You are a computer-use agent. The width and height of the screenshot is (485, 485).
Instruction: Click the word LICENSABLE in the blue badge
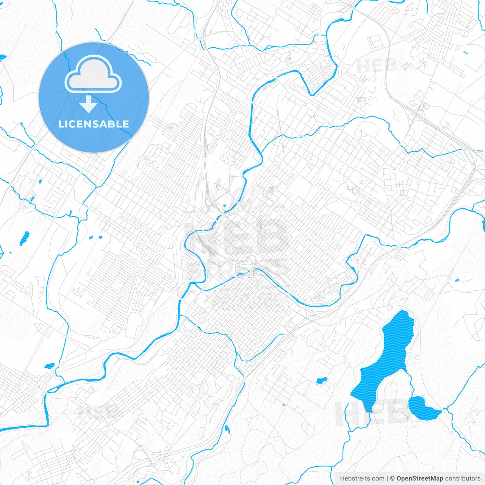click(x=94, y=124)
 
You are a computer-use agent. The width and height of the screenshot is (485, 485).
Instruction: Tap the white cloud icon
click(x=93, y=74)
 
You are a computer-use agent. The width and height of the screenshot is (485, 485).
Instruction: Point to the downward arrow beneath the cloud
click(x=88, y=104)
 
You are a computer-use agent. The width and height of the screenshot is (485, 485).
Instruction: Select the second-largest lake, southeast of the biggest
click(x=422, y=408)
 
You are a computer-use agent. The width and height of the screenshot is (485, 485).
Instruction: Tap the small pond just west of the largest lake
click(x=321, y=380)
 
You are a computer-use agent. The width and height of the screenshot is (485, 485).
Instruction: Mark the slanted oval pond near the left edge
click(x=24, y=238)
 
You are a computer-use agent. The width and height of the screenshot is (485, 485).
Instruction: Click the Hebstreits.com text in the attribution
click(x=362, y=479)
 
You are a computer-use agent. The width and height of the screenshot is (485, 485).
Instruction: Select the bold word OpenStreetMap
click(x=419, y=479)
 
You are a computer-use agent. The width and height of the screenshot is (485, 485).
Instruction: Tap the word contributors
click(x=462, y=479)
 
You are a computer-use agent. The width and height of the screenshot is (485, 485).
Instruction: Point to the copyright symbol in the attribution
click(x=393, y=479)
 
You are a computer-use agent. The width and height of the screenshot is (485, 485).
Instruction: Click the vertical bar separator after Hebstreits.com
click(x=387, y=479)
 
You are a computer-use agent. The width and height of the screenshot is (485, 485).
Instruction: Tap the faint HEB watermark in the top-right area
click(x=377, y=66)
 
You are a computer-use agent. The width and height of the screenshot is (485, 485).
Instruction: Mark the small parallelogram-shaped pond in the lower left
click(x=49, y=366)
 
